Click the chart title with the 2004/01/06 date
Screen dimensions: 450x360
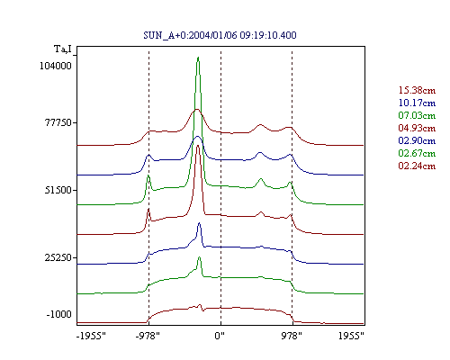[220, 35]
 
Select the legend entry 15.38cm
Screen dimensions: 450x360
[417, 90]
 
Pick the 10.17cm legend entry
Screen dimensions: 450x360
[417, 103]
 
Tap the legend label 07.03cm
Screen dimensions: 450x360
[417, 115]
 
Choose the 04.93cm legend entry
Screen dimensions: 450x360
[417, 128]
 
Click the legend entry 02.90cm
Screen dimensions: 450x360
[417, 140]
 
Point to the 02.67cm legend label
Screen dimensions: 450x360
[417, 153]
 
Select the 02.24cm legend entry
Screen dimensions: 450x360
[417, 166]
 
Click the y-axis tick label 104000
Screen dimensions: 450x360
[56, 66]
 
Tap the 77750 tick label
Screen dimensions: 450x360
[58, 122]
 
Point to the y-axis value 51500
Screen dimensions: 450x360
[58, 190]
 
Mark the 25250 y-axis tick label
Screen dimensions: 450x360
[58, 257]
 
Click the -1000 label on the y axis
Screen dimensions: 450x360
[58, 314]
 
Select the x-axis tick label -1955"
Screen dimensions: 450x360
[91, 336]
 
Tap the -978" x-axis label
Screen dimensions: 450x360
[148, 336]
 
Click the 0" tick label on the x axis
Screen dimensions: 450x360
[220, 336]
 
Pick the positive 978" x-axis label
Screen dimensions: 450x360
[292, 336]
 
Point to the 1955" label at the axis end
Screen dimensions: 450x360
[351, 336]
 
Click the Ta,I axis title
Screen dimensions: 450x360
[63, 49]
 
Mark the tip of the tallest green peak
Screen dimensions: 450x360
[198, 57]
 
